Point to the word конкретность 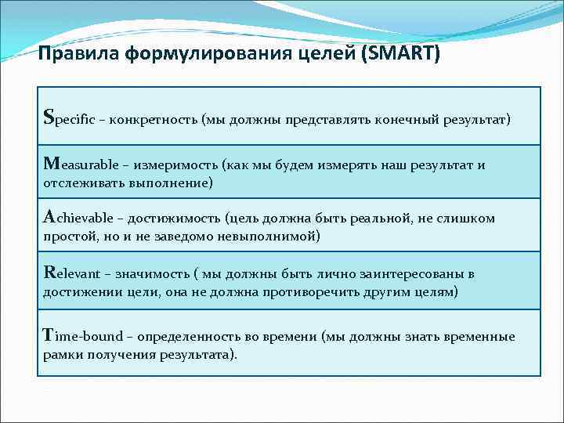point(154,121)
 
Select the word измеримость point(176,166)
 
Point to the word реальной point(378,219)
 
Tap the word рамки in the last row point(60,354)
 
